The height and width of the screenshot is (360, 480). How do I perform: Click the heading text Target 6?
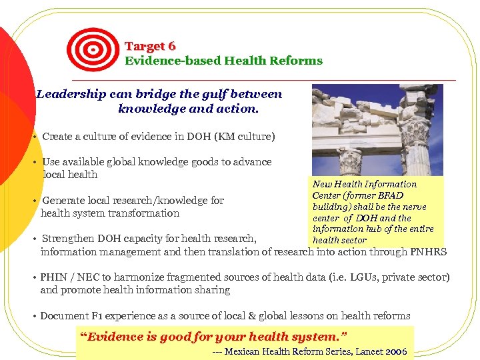(x=150, y=46)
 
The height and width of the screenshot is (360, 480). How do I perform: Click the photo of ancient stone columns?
(x=377, y=129)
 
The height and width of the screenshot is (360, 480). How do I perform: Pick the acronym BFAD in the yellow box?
(x=390, y=195)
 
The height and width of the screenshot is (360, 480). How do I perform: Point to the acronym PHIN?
(x=53, y=277)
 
